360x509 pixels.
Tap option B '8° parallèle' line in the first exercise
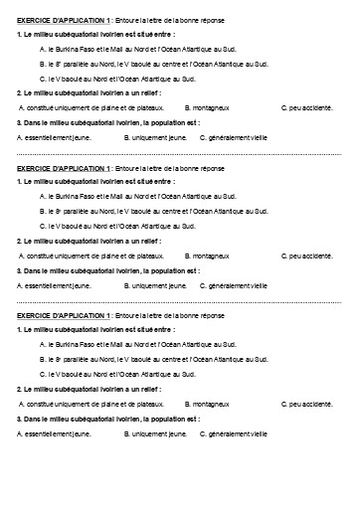pyautogui.click(x=154, y=62)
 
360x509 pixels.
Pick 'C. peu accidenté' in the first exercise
pyautogui.click(x=307, y=106)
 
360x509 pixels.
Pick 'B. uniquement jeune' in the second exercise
pyautogui.click(x=154, y=286)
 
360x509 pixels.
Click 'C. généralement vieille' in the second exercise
pyautogui.click(x=234, y=286)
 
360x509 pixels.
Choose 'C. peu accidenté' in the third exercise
pyautogui.click(x=307, y=404)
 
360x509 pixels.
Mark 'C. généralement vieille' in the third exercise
pyautogui.click(x=234, y=433)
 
